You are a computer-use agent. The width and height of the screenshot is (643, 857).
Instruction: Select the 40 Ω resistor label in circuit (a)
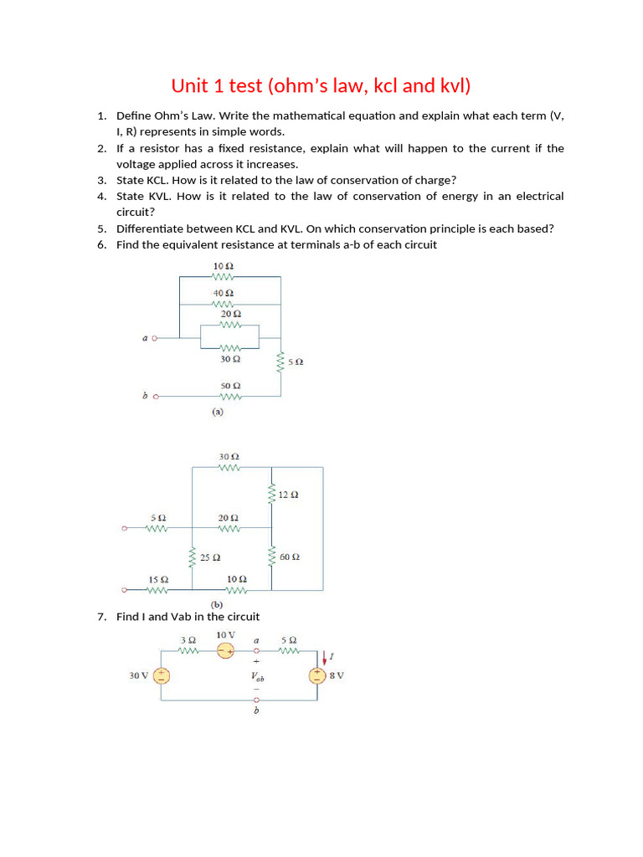pyautogui.click(x=223, y=294)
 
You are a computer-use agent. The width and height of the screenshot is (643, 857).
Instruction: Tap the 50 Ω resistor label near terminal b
pyautogui.click(x=230, y=386)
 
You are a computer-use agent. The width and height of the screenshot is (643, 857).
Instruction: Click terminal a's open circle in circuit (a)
pyautogui.click(x=155, y=338)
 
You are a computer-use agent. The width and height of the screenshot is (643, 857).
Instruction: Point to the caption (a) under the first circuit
pyautogui.click(x=217, y=412)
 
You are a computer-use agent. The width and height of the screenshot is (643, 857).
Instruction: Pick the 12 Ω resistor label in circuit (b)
pyautogui.click(x=289, y=495)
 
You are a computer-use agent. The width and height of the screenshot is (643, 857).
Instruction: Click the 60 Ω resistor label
pyautogui.click(x=290, y=557)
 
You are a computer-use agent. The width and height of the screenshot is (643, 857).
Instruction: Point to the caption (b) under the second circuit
pyautogui.click(x=217, y=603)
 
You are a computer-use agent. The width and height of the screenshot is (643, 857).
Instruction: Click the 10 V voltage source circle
pyautogui.click(x=225, y=651)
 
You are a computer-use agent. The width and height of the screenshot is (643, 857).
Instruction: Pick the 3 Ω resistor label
pyautogui.click(x=188, y=639)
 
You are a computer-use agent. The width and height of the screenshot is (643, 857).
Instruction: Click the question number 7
pyautogui.click(x=100, y=617)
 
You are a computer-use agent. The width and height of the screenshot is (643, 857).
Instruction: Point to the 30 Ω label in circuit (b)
pyautogui.click(x=229, y=457)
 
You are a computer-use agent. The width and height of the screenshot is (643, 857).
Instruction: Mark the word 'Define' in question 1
pyautogui.click(x=134, y=115)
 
